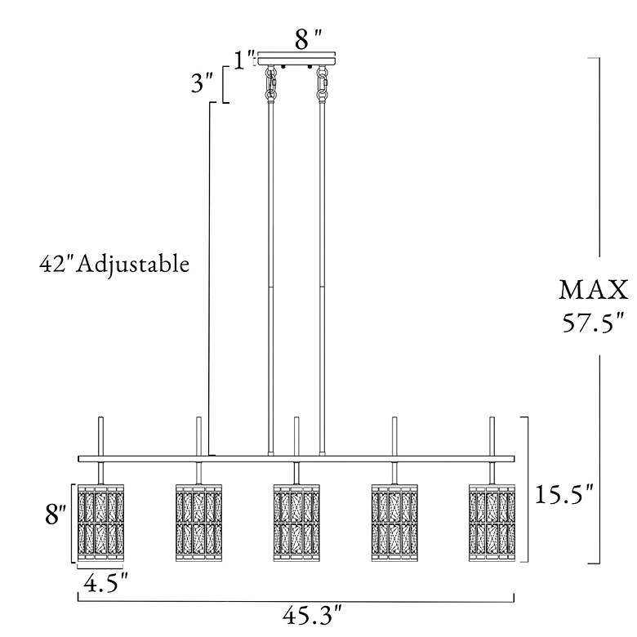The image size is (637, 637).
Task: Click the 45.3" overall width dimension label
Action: [x=312, y=616]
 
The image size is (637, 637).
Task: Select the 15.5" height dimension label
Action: [x=564, y=494]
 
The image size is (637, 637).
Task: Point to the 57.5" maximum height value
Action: [x=593, y=323]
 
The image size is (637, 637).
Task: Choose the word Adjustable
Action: [x=133, y=265]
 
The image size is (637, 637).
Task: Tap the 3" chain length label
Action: [x=202, y=82]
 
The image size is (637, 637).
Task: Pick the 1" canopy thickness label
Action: [x=244, y=60]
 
